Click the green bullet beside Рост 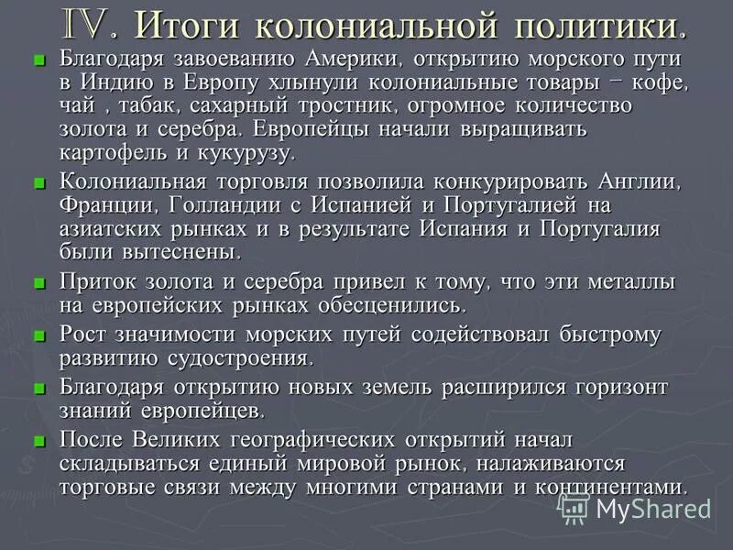(x=38, y=336)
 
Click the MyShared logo (x=636, y=507)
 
